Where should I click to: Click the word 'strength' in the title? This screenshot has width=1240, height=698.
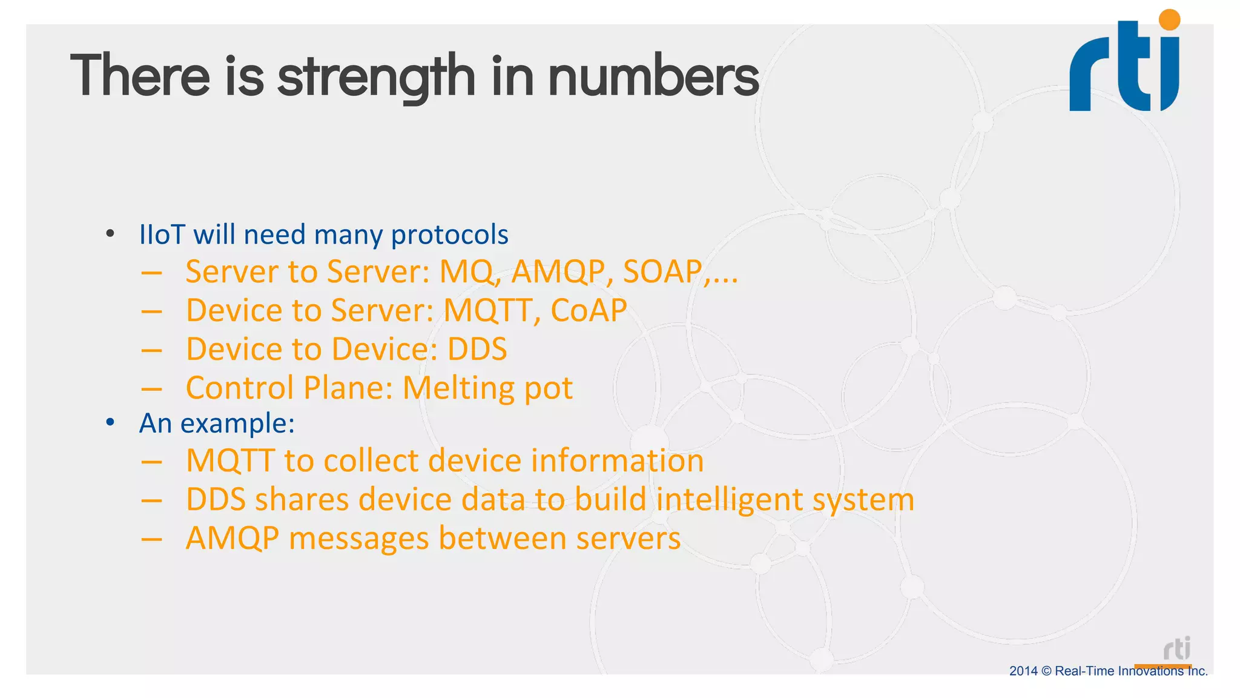pyautogui.click(x=376, y=77)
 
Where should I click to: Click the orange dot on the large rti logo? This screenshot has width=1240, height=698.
pyautogui.click(x=1169, y=20)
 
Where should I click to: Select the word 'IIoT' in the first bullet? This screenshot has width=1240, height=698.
pyautogui.click(x=162, y=234)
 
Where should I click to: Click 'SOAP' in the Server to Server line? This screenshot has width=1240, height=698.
pyautogui.click(x=662, y=271)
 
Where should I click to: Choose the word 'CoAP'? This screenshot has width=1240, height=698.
pyautogui.click(x=589, y=310)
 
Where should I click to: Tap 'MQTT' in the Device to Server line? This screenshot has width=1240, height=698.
pyautogui.click(x=487, y=310)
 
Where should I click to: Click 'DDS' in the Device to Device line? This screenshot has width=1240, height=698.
pyautogui.click(x=477, y=349)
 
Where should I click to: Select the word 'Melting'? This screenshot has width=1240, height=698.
pyautogui.click(x=459, y=388)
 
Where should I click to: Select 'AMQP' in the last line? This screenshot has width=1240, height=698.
pyautogui.click(x=232, y=538)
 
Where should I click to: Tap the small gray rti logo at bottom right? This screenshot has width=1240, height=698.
pyautogui.click(x=1177, y=649)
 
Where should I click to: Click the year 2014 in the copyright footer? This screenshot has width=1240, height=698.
pyautogui.click(x=1023, y=671)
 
